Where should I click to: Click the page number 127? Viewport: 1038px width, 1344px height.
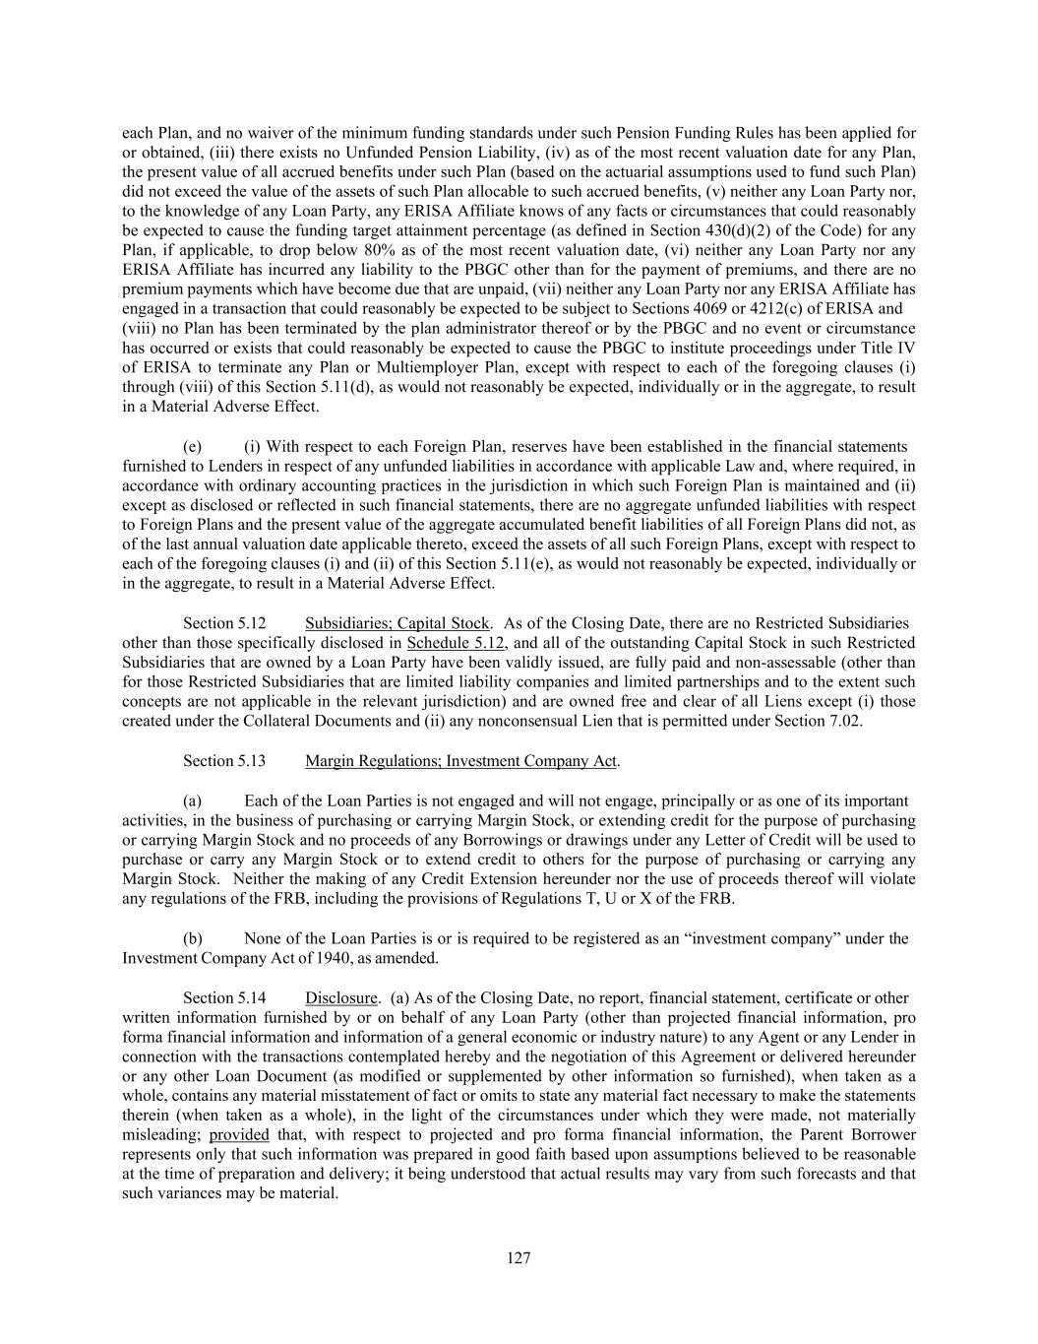coord(519,1257)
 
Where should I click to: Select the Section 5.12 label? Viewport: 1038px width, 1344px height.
coord(224,623)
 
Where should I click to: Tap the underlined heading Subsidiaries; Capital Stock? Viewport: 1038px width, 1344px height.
coord(397,623)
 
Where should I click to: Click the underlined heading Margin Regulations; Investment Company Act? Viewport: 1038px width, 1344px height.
coord(460,761)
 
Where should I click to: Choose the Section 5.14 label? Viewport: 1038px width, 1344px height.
coord(224,997)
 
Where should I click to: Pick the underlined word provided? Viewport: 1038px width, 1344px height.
coord(238,1134)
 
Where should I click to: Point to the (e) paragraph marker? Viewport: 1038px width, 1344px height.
coord(193,447)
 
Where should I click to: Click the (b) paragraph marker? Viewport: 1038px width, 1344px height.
coord(193,938)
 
